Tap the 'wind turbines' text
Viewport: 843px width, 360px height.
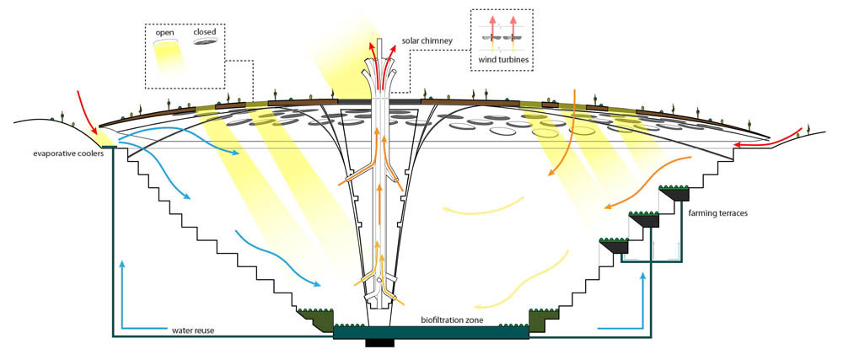click(502, 59)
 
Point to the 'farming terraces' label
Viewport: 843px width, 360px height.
click(718, 213)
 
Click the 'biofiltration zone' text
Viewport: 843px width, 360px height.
click(454, 320)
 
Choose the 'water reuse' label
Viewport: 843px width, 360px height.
click(193, 330)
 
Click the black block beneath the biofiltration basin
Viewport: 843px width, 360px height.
click(379, 342)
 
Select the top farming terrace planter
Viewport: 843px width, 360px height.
click(676, 195)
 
